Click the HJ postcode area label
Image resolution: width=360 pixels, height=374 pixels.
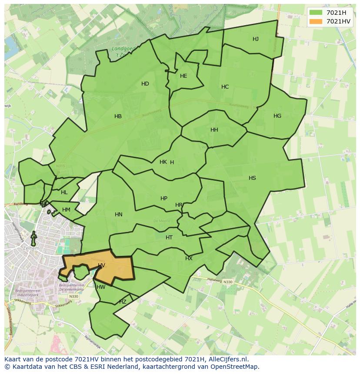point(256,39)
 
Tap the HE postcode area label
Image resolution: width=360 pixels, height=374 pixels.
point(183,76)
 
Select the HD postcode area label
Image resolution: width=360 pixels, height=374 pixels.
point(145,84)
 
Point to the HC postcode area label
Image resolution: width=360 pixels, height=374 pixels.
point(225,87)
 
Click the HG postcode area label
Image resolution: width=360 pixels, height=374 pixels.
point(277,116)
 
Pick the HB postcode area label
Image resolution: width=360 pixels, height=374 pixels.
point(118,116)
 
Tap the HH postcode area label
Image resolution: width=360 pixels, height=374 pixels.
point(214,130)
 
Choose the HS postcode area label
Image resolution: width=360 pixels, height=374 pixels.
point(252,178)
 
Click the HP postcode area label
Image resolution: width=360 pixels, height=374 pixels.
point(164,199)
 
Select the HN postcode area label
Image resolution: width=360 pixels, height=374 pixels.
point(119,215)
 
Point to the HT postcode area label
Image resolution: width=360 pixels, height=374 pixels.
point(169,238)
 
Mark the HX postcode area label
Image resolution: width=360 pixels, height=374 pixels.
point(189,258)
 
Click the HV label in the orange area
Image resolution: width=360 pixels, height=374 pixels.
point(101,265)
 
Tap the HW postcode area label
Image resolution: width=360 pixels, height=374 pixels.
point(101,287)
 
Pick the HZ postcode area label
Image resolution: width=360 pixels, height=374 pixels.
point(123,302)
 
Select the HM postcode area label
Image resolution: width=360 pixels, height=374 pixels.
point(66,210)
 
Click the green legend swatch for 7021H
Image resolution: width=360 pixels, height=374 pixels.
point(316,13)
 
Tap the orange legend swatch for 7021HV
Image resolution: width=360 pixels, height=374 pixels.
point(316,21)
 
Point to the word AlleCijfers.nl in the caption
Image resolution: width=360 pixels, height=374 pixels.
point(228,359)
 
